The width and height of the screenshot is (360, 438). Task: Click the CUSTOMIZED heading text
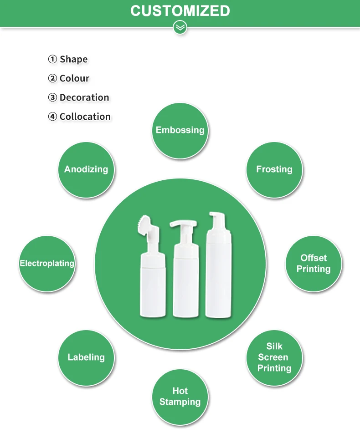(x=180, y=10)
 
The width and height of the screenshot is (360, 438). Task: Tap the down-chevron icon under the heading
(x=180, y=27)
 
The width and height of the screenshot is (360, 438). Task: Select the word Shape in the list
(x=73, y=59)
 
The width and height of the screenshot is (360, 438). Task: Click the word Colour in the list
(x=74, y=78)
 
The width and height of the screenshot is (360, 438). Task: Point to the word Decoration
(x=84, y=97)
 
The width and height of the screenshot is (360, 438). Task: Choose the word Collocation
(x=85, y=117)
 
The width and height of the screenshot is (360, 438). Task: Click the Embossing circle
(x=180, y=130)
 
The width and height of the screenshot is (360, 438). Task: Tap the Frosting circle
(x=274, y=169)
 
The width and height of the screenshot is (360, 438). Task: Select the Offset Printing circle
(x=314, y=264)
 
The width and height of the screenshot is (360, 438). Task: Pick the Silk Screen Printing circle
(x=274, y=357)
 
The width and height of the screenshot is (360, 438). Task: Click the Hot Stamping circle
(x=180, y=397)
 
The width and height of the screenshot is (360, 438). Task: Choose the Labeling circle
(x=86, y=357)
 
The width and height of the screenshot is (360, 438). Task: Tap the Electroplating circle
(x=47, y=264)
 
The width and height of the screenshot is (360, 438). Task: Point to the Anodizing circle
(x=86, y=169)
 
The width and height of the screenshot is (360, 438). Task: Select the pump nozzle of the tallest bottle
(x=215, y=218)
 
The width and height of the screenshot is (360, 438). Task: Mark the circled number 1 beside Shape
(x=53, y=59)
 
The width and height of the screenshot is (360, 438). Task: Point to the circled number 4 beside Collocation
(x=53, y=117)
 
